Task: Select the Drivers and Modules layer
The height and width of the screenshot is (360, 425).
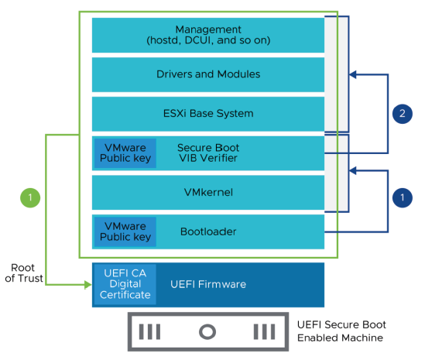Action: [207, 74]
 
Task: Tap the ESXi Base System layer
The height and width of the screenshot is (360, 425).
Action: [207, 114]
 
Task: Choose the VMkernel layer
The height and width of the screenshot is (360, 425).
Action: [207, 192]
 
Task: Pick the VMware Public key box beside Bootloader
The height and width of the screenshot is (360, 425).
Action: [125, 231]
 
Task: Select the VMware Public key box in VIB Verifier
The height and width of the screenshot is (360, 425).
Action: [125, 153]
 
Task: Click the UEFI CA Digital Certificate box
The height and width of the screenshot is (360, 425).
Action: [125, 284]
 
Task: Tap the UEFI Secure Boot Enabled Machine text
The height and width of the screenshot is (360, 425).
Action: [341, 331]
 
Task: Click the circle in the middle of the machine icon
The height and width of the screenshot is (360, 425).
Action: [207, 332]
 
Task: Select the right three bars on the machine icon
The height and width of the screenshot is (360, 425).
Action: [264, 332]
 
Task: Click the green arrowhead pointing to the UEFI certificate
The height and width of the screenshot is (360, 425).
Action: [87, 285]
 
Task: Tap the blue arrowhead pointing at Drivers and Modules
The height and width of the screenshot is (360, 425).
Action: [353, 75]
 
